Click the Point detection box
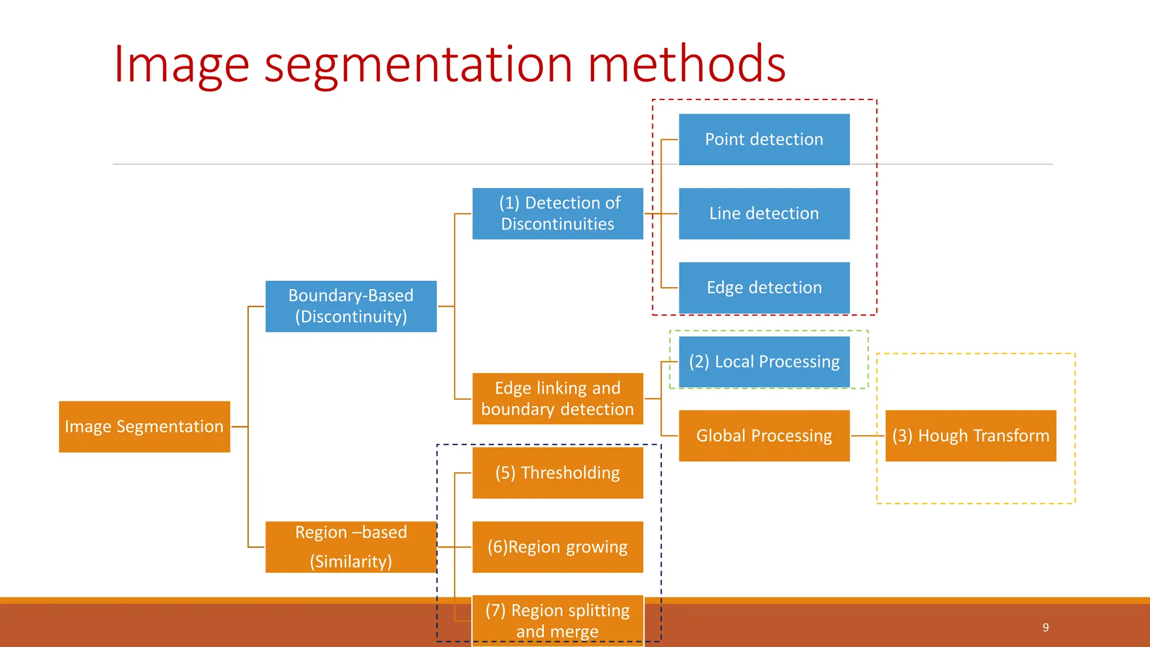pos(764,139)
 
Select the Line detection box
pos(764,213)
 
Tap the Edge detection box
pos(764,288)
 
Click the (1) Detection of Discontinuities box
pos(558,213)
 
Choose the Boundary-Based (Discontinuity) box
pos(351,306)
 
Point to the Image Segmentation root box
pos(144,426)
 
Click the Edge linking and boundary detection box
pos(558,398)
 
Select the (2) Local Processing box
pos(764,362)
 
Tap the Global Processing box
pos(764,436)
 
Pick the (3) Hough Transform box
pos(970,436)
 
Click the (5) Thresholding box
pos(558,472)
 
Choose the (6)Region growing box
pos(558,547)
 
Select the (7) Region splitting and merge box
pos(558,620)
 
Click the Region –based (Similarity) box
pos(351,547)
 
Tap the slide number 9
pos(1046,627)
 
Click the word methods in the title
pos(686,65)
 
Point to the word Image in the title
pos(181,65)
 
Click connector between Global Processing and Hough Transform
pos(868,436)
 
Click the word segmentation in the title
pos(418,65)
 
